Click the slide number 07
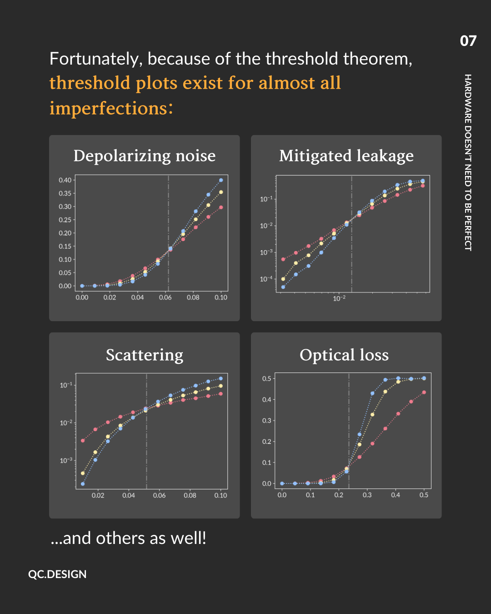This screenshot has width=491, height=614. coord(468,41)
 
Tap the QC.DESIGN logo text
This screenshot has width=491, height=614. coord(57,574)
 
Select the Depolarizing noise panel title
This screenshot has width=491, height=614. coord(145,156)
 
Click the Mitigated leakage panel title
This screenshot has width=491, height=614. coord(346,156)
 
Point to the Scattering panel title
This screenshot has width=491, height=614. coord(145,355)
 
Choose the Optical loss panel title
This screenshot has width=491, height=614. coord(344,355)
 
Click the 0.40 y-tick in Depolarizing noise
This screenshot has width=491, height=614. coord(65,180)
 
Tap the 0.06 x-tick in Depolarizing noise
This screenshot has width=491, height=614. coord(165,297)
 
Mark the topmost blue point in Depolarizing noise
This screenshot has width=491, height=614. coord(221,180)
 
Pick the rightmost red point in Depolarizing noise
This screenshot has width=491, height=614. coord(221,207)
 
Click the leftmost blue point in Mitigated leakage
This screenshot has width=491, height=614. coord(283,287)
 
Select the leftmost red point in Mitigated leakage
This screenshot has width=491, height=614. coord(283,259)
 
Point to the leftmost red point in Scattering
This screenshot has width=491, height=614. coord(83,440)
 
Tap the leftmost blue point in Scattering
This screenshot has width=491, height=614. coord(83,484)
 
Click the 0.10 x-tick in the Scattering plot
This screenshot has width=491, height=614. coord(220,495)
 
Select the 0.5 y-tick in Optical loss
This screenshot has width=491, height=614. coord(266,379)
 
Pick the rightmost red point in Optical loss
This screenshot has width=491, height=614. coord(424,392)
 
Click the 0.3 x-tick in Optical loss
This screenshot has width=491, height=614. coord(367,495)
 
